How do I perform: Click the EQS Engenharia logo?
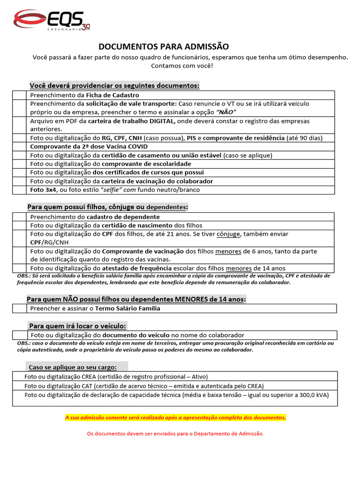51,21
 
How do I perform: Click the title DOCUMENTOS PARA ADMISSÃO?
163,46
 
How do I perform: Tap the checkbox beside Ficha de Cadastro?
20,95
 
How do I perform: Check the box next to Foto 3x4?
20,190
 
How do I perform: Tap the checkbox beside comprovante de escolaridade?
20,164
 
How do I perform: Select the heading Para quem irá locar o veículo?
77,326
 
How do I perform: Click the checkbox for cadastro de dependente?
20,217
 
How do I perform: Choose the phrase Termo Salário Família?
127,308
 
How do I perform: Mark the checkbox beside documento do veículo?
20,335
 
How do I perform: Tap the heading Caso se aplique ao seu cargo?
73,367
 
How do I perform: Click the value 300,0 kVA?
314,395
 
